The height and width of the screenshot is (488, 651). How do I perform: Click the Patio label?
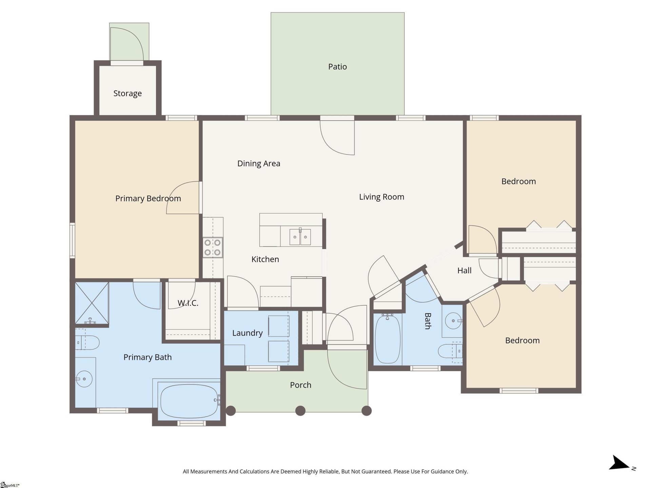337,67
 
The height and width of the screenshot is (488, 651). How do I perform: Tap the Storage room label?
127,93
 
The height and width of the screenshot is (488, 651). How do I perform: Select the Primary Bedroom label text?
148,199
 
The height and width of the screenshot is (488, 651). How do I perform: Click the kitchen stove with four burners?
213,247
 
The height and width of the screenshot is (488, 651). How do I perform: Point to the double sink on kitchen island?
300,237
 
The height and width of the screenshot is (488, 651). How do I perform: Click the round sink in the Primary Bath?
83,379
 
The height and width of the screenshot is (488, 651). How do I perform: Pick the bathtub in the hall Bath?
388,339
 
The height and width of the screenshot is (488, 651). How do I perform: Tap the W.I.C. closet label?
188,303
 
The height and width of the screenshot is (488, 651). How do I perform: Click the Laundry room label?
247,333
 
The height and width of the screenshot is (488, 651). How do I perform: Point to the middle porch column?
300,411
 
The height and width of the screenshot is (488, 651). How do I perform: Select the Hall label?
464,270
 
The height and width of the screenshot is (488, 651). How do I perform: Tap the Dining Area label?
258,164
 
